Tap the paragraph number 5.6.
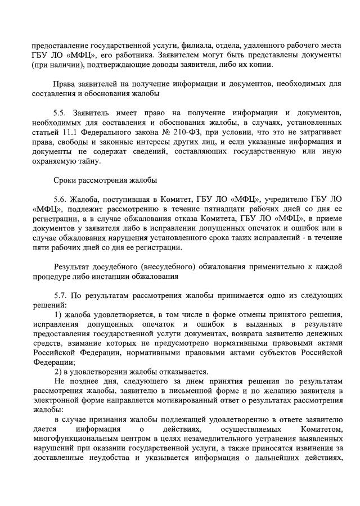tap(61, 199)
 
